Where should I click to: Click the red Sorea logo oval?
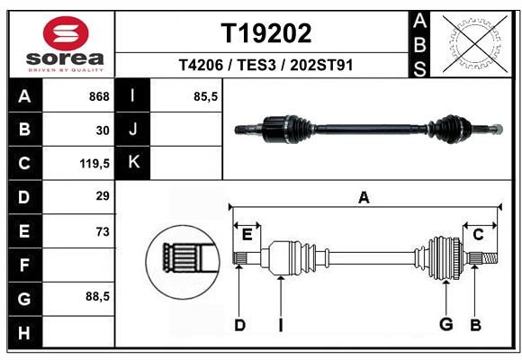pos(66,33)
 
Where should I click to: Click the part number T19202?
pos(266,33)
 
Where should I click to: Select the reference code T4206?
pos(201,65)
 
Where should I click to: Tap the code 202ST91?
pos(321,65)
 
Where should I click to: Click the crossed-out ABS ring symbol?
pos(475,44)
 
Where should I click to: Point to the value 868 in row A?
pos(99,96)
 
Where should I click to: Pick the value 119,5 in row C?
pos(94,164)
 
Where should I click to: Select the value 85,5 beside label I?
pos(206,96)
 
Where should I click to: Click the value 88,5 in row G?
pos(97,296)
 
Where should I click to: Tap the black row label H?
pos(24,332)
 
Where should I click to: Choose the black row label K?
pos(133,163)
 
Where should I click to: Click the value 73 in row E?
pos(103,231)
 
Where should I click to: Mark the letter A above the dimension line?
pos(364,197)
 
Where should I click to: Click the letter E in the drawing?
pos(247,235)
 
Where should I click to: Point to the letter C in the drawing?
pos(478,235)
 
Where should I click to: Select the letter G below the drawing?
pos(446,324)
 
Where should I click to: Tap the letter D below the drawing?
pos(239,325)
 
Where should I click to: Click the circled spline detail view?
pos(183,262)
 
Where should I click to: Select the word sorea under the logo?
pos(65,58)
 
